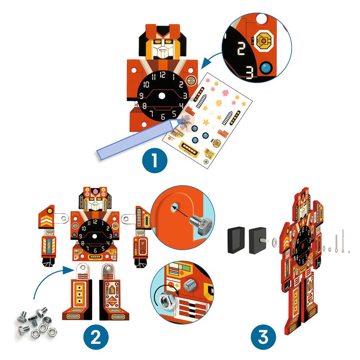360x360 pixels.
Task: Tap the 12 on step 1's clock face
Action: tap(162, 75)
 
